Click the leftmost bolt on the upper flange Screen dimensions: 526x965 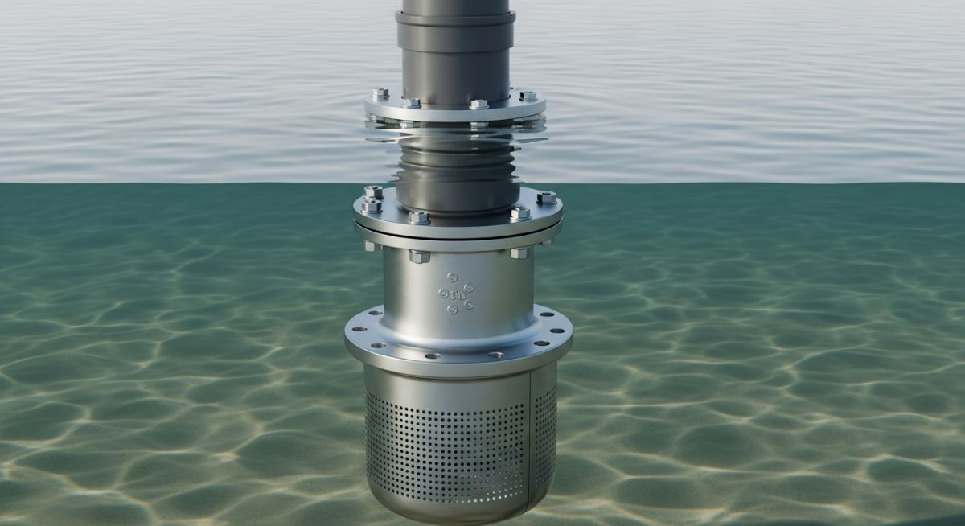[380, 94]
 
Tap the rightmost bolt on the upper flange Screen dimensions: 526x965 [528, 96]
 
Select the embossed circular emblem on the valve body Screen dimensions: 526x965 [456, 294]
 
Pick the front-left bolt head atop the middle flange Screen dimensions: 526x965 [418, 217]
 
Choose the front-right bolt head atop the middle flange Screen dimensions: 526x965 [519, 214]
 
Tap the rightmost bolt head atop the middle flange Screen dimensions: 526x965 [547, 198]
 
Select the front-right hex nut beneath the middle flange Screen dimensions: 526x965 [519, 253]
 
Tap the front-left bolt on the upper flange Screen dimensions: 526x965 [411, 103]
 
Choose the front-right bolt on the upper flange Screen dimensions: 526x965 [479, 104]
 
